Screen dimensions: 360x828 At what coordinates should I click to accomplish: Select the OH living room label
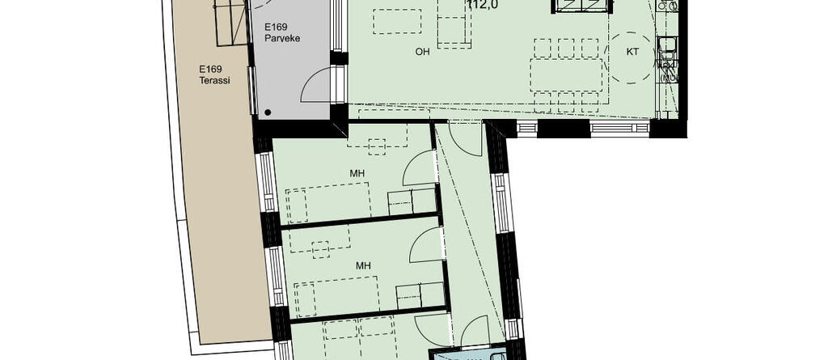pyautogui.click(x=422, y=53)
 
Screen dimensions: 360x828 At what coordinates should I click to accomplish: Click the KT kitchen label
pyautogui.click(x=633, y=53)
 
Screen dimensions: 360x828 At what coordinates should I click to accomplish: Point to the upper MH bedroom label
pyautogui.click(x=357, y=172)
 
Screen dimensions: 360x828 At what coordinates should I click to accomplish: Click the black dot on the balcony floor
pyautogui.click(x=267, y=112)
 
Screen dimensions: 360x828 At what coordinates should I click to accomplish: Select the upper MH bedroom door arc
pyautogui.click(x=418, y=168)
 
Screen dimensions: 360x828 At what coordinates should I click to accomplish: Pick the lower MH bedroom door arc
pyautogui.click(x=426, y=245)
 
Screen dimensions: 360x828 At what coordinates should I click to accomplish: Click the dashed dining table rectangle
pyautogui.click(x=567, y=74)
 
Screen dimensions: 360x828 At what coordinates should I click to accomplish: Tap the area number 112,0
pyautogui.click(x=482, y=5)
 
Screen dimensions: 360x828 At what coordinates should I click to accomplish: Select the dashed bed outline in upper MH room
pyautogui.click(x=327, y=202)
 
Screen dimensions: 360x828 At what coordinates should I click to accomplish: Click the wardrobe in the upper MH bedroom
pyautogui.click(x=412, y=201)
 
